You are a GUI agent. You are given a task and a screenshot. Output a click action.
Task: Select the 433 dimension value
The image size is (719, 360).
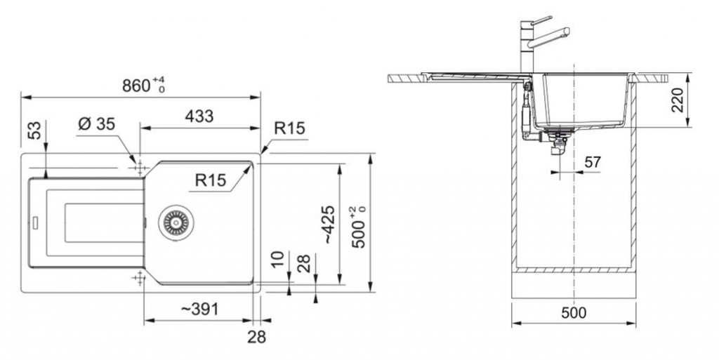(x=199, y=116)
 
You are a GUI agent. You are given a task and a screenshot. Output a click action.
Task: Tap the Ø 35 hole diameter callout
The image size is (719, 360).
(x=97, y=124)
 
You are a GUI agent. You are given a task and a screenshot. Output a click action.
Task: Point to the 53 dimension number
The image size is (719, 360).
(x=35, y=131)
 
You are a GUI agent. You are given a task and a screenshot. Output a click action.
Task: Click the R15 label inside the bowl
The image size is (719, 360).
(x=211, y=180)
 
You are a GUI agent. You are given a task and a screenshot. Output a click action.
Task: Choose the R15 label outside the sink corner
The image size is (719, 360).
(x=289, y=128)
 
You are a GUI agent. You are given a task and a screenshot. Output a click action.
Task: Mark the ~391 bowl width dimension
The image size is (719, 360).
(x=199, y=309)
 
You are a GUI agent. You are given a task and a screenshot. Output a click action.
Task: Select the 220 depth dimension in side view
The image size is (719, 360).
(x=678, y=100)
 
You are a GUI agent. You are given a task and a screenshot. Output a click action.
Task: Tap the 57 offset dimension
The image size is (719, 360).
(x=593, y=161)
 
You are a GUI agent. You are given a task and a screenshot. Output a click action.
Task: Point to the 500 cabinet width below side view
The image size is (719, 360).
(x=574, y=313)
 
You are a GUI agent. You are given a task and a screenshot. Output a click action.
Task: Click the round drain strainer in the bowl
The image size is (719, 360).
(x=176, y=222)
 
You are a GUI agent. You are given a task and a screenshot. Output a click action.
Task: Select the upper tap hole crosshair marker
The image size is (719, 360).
(x=140, y=168)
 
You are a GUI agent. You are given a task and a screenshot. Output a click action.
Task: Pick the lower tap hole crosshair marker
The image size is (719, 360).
(x=138, y=278)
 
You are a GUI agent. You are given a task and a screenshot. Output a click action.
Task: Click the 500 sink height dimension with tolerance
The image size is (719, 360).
(x=359, y=227)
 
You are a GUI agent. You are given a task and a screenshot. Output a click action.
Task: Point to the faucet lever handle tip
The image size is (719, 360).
(x=550, y=17)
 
